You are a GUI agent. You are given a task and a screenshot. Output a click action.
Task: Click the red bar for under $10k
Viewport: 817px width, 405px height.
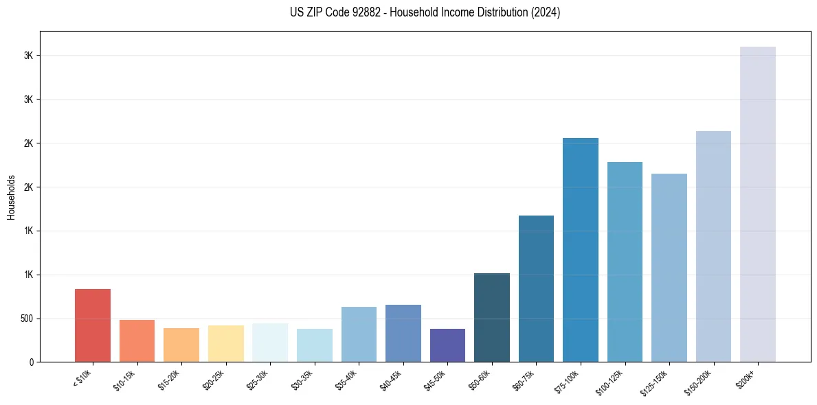[x=93, y=325]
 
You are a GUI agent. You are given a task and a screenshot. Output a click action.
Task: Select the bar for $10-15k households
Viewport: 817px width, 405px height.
[x=137, y=341]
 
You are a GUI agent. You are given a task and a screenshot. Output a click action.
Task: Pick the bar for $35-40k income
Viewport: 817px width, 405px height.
[x=359, y=334]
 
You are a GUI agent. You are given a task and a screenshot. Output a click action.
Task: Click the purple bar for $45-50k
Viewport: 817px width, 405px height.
[x=447, y=345]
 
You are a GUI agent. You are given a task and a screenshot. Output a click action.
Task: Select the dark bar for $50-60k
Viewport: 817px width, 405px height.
[x=492, y=317]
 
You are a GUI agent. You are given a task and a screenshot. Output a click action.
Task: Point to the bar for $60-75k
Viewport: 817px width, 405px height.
[x=536, y=288]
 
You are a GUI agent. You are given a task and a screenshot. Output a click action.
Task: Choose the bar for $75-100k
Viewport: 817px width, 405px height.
[x=581, y=250]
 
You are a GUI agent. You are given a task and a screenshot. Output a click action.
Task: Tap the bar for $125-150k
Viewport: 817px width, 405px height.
[x=669, y=268]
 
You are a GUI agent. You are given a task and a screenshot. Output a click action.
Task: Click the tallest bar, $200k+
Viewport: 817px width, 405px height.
[x=758, y=205]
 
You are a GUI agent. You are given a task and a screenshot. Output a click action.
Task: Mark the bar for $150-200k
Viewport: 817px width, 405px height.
[x=713, y=246]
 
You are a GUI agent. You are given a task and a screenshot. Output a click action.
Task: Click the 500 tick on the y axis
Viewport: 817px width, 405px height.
[x=26, y=319]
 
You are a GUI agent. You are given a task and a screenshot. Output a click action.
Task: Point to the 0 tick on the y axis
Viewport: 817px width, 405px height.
[x=31, y=362]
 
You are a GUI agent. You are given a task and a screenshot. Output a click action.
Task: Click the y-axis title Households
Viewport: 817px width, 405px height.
[x=11, y=196]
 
